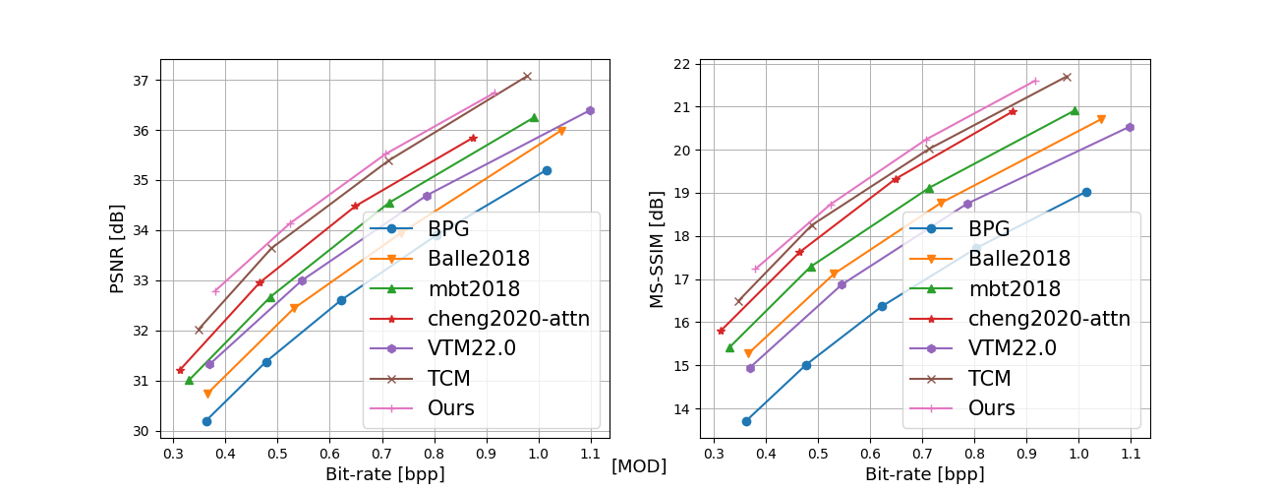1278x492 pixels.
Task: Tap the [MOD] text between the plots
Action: [639, 466]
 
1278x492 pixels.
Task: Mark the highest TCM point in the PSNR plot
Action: [527, 76]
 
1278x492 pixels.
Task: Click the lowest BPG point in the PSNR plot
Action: [206, 421]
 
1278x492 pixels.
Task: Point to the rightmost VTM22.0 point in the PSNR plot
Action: [590, 110]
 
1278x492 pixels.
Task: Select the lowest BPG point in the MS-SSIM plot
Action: [746, 421]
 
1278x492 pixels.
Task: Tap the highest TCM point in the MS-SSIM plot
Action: [1067, 77]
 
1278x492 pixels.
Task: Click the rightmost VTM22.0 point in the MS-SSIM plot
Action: [1130, 127]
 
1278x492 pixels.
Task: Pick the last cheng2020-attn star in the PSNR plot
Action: [473, 138]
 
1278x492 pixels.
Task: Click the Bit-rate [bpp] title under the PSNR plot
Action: [384, 474]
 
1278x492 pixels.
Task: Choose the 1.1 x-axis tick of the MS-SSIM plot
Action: [1131, 456]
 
